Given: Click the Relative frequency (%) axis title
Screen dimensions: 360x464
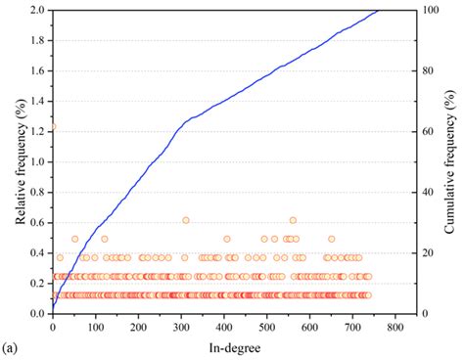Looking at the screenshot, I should (20, 161).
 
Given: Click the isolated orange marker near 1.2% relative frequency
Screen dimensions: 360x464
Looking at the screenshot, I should (53, 126).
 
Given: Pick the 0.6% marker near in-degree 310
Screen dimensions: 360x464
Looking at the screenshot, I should (186, 220).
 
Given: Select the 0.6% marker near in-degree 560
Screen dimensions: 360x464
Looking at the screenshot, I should (293, 220).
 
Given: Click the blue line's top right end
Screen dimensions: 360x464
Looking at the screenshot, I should (379, 11).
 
